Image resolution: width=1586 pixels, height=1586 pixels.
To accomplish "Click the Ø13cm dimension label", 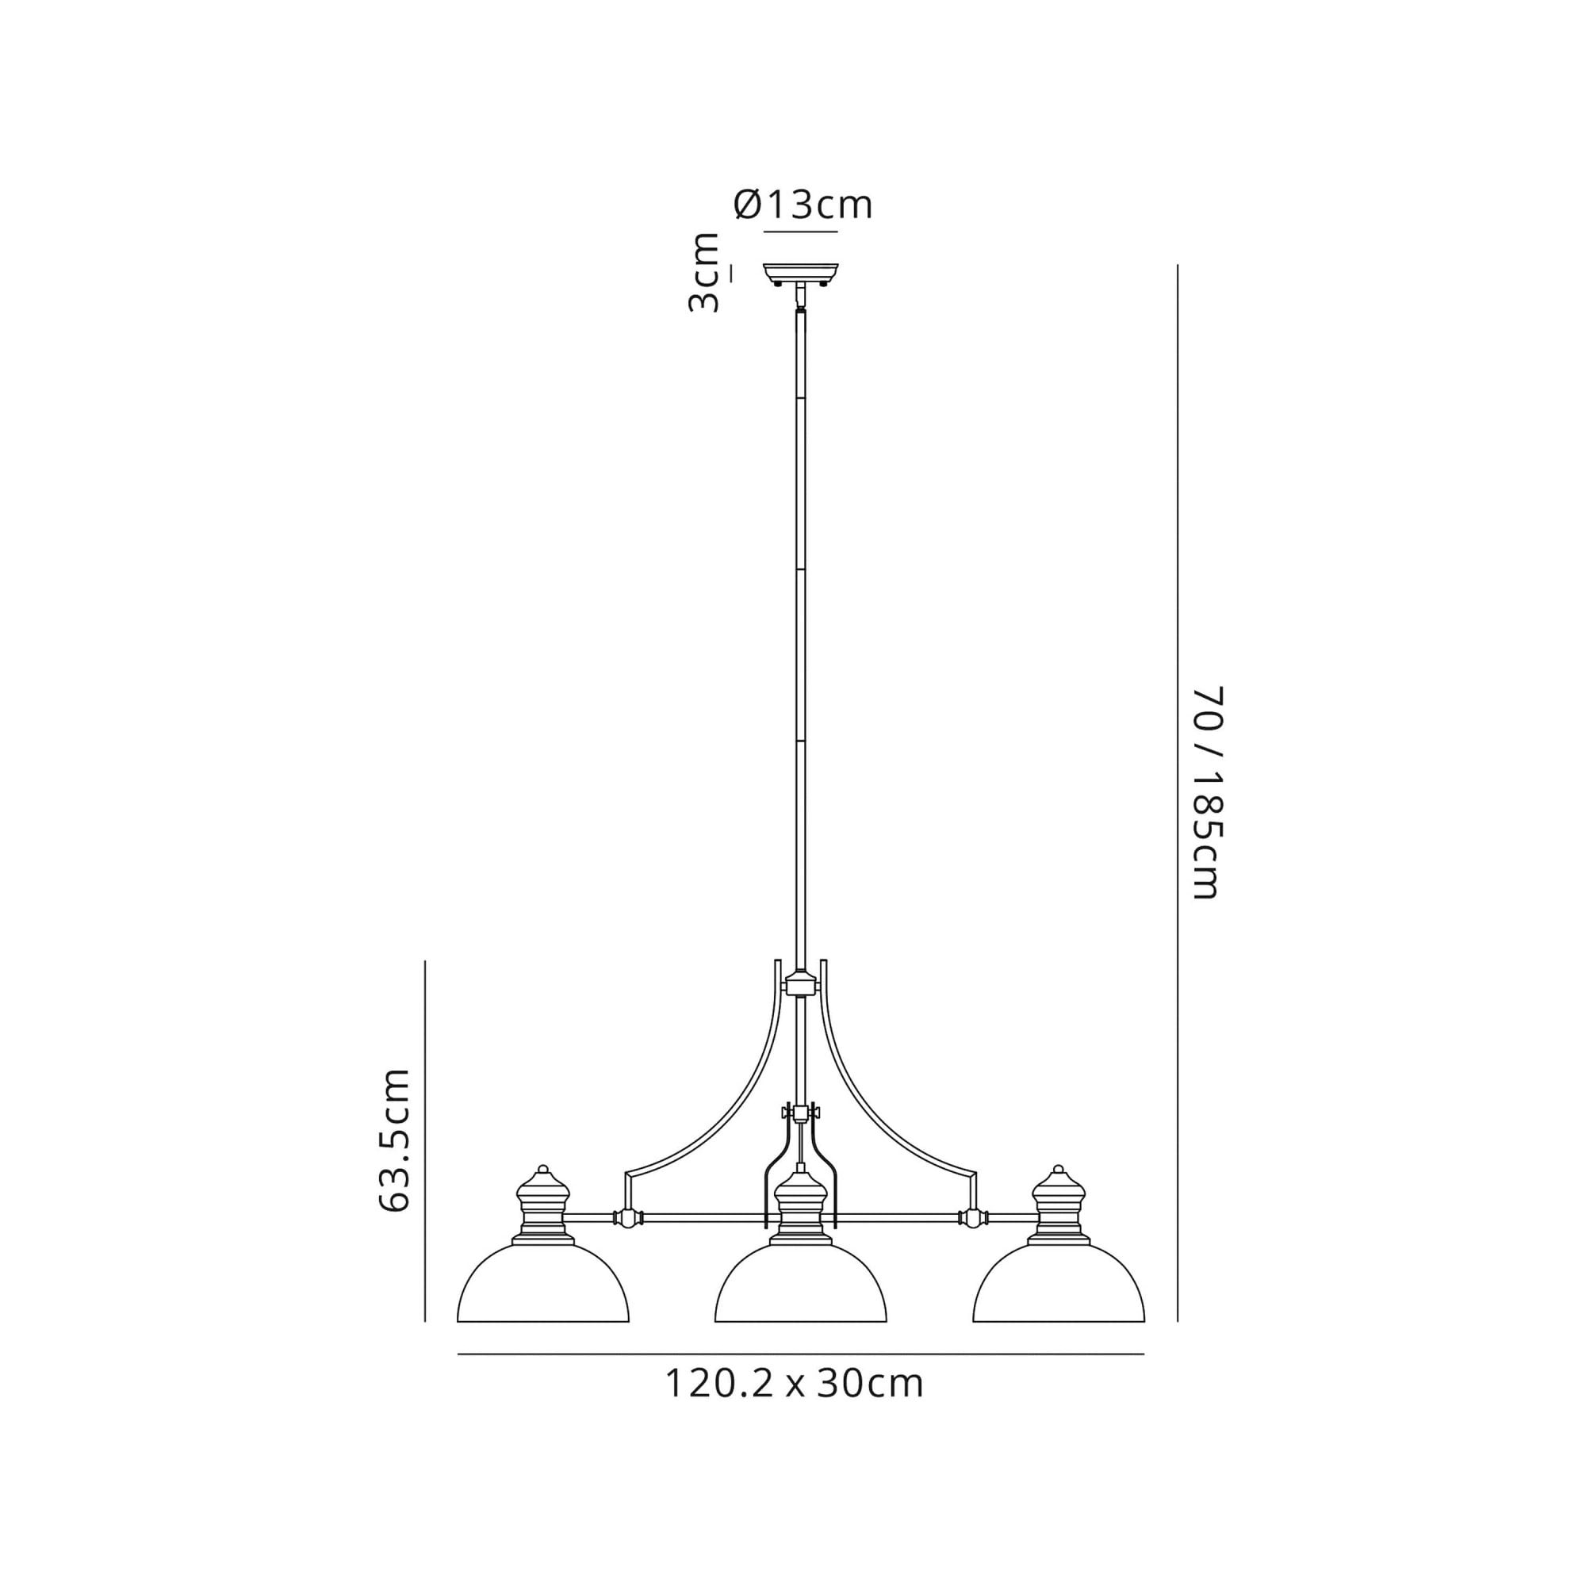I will (802, 205).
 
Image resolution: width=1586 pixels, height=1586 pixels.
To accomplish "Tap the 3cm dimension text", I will (703, 274).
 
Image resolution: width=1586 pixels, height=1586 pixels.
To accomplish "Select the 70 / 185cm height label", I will (1208, 792).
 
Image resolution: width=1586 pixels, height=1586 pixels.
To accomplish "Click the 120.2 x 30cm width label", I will (794, 1383).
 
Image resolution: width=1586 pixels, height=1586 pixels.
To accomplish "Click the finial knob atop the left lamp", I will (542, 1169).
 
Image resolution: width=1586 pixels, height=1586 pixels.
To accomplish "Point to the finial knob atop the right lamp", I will (1058, 1169).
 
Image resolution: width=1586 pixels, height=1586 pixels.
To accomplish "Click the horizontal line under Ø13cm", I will (800, 232).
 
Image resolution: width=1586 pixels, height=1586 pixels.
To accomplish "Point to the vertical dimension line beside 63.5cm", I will (425, 1141).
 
